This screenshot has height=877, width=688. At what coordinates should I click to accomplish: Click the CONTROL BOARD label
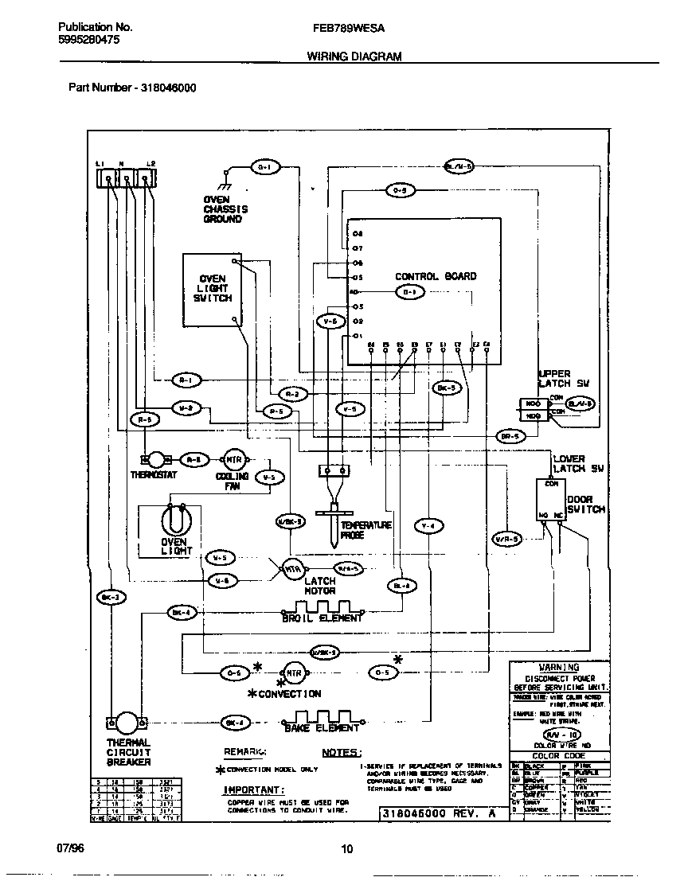click(436, 276)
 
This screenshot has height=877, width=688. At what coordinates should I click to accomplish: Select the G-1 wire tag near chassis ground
click(264, 167)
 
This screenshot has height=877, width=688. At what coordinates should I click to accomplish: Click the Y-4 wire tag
click(428, 525)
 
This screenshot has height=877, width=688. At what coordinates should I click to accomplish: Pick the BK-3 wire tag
click(110, 597)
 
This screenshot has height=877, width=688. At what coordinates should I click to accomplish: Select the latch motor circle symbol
click(294, 567)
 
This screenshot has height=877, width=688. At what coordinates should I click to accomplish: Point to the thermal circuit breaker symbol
click(125, 723)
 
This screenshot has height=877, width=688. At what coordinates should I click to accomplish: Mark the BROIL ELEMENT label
click(322, 618)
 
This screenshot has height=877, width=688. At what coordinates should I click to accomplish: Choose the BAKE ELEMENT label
click(322, 727)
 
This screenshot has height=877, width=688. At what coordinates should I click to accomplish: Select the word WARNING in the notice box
click(559, 667)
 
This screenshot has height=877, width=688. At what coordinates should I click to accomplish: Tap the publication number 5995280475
click(89, 39)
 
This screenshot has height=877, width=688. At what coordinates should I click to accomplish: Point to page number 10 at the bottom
click(346, 849)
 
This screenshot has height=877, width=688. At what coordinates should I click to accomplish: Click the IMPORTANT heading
click(253, 789)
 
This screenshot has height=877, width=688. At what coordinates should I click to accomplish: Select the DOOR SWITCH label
click(585, 505)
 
